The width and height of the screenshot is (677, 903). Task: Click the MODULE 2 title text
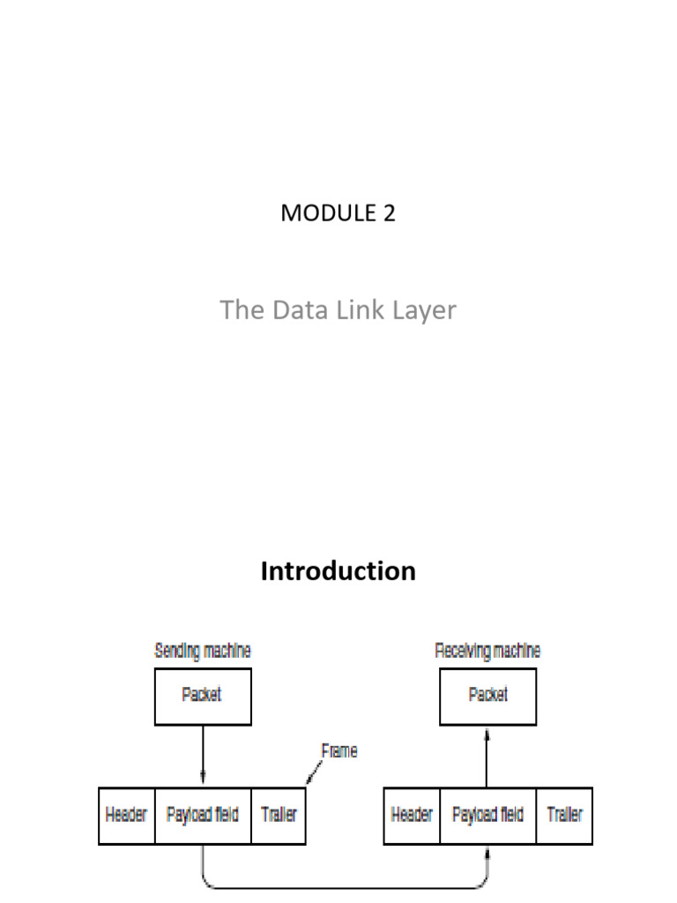338,213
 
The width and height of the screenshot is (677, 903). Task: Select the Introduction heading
338,571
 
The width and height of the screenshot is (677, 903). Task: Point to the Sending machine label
203,651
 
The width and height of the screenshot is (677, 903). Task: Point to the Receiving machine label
487,651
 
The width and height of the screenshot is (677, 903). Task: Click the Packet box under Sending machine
203,696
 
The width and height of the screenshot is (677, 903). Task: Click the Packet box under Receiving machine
487,696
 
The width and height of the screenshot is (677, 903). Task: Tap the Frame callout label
339,752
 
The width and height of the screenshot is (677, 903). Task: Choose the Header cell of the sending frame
126,815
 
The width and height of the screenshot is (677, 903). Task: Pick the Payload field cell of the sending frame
203,815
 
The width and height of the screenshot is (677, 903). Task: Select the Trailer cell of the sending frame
279,815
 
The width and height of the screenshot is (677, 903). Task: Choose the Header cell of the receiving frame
412,815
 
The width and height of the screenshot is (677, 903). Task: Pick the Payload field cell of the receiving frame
487,815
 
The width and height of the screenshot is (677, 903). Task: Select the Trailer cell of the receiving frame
564,815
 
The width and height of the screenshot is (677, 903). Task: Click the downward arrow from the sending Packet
203,755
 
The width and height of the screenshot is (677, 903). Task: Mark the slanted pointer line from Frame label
313,772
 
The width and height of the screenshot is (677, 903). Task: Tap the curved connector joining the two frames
345,885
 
